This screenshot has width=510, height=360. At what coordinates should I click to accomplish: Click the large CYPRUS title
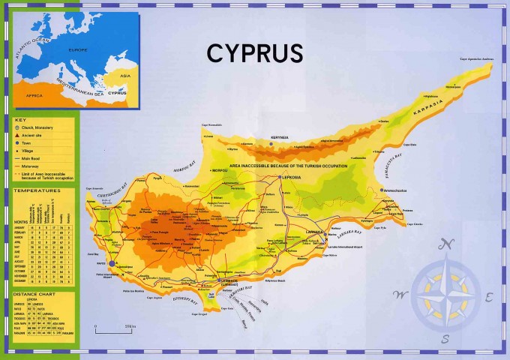(x=255, y=53)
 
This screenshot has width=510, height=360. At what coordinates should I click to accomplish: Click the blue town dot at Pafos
(x=112, y=263)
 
